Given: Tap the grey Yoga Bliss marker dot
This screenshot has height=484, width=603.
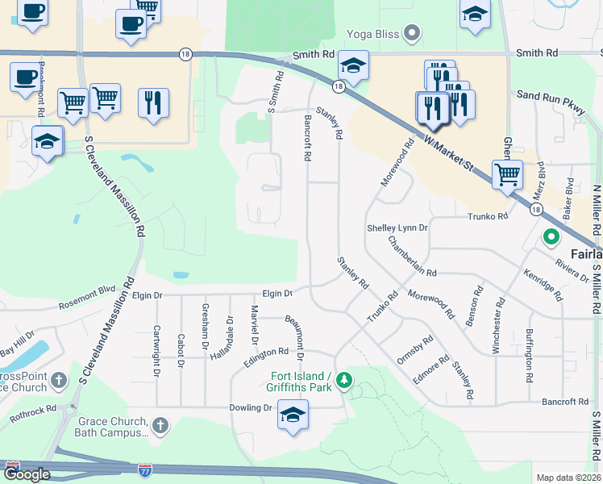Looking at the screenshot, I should point(413,34).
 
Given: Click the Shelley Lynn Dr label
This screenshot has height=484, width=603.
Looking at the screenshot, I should point(397,228).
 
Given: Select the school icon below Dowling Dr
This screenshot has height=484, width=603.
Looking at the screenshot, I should point(292,416).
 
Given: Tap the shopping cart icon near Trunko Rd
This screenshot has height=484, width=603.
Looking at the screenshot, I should point(507,173).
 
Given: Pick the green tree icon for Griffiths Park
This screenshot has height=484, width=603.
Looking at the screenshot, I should point(344,379).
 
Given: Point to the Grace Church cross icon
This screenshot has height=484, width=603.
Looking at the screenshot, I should point(160,424).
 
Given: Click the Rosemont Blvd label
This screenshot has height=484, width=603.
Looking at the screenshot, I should point(87,298).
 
